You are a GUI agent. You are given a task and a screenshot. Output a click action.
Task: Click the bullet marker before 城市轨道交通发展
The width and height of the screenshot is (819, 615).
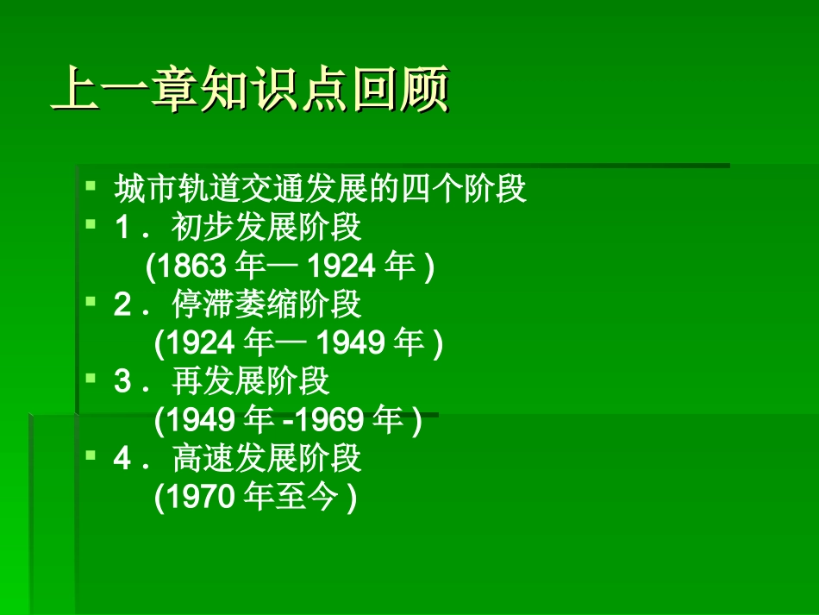[91, 185]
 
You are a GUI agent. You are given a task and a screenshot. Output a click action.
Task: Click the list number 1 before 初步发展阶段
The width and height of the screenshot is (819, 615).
[122, 229]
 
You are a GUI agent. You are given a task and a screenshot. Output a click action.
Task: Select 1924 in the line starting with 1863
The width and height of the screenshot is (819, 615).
[341, 267]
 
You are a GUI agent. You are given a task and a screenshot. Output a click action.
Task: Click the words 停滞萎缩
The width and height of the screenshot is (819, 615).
[234, 305]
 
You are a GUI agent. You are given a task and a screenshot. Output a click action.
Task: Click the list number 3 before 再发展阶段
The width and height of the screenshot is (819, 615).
[122, 382]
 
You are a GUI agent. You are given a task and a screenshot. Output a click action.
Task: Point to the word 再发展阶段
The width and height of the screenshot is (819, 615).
[251, 382]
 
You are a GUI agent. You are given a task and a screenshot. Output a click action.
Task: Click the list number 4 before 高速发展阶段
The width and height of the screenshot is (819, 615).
[122, 459]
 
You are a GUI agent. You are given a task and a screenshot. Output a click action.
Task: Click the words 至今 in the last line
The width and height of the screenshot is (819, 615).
[306, 498]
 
